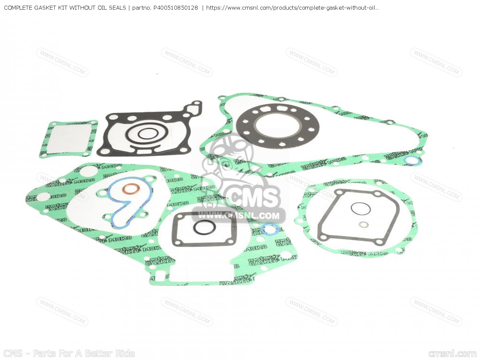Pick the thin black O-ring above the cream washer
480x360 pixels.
click(360, 209)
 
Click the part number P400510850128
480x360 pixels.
click(175, 8)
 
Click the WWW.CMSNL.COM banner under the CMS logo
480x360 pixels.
click(239, 216)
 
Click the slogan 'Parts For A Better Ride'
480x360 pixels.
click(84, 353)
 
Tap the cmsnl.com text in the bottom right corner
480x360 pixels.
click(452, 354)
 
